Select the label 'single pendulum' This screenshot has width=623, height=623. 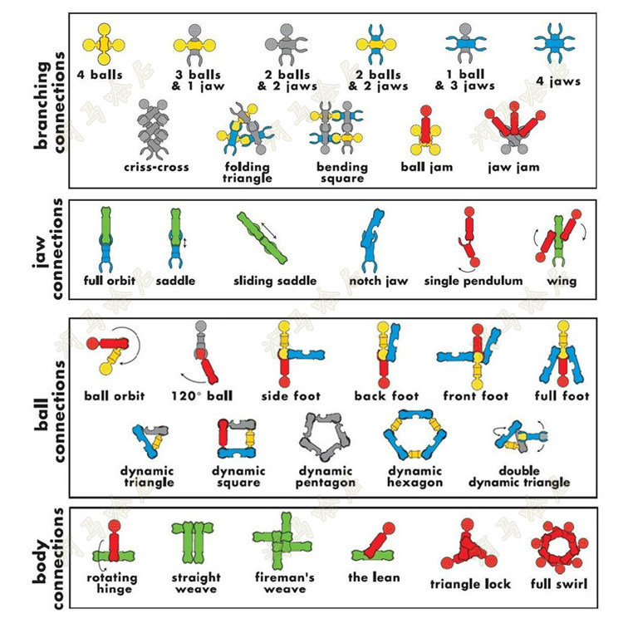coord(473,281)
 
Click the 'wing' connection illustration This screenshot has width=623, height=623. coord(560,236)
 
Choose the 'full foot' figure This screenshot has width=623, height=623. coord(564,356)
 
